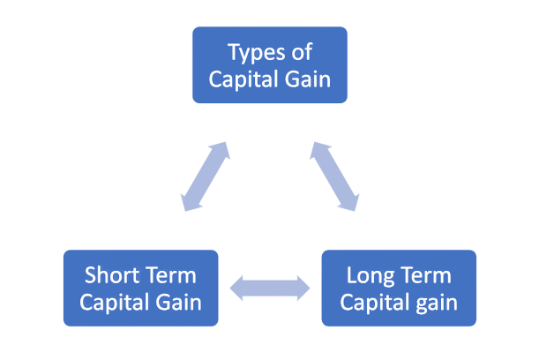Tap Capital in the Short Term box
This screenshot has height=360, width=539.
point(110,303)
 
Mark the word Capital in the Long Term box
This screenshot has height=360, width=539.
point(371,303)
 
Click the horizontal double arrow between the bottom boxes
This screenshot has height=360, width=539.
point(270,288)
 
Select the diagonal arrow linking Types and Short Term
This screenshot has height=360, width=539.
point(206,176)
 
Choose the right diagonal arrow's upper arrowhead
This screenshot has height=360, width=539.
point(318,150)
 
